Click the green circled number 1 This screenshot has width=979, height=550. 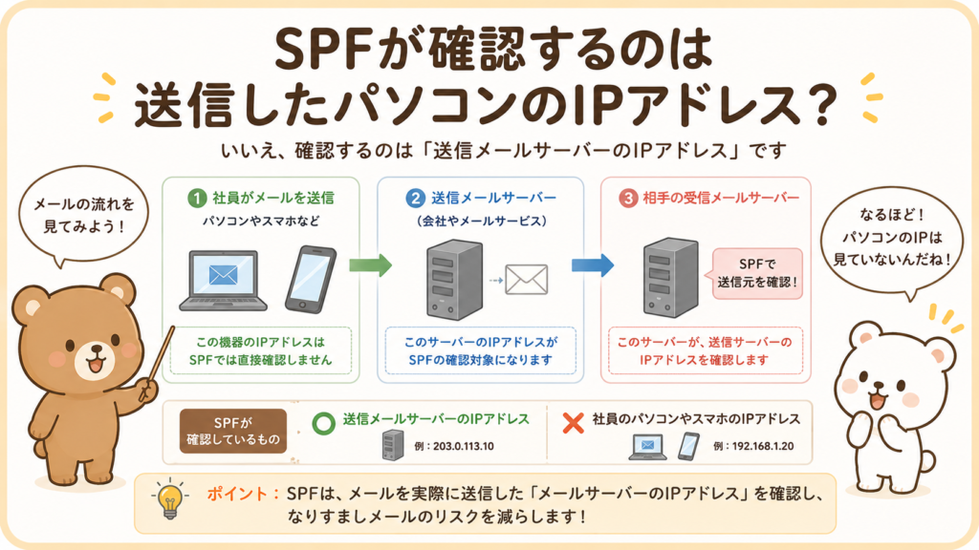tap(197, 199)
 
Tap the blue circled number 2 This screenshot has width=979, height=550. tap(415, 199)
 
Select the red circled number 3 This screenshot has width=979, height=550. tap(627, 199)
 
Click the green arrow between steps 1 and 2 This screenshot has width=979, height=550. tap(370, 265)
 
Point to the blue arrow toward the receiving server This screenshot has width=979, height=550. tap(593, 265)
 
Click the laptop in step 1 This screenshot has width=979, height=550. tap(223, 280)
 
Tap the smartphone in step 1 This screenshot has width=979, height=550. tap(311, 280)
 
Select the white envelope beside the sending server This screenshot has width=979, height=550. tap(527, 280)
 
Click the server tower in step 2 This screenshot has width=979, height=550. tap(454, 281)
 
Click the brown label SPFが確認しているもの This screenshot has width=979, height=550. tap(233, 431)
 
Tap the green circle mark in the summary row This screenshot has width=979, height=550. tap(323, 423)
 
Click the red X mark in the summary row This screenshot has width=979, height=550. tap(573, 423)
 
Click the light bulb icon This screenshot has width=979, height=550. tap(170, 498)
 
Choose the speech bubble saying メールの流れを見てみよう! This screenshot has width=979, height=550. tap(83, 215)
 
